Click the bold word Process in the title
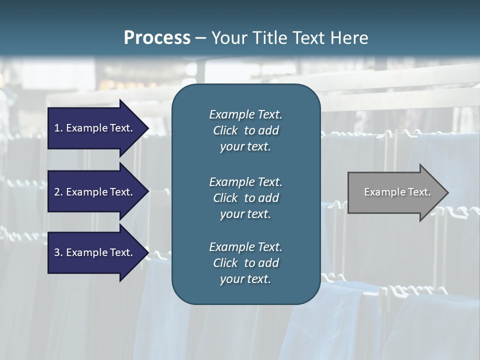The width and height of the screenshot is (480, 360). pyautogui.click(x=157, y=38)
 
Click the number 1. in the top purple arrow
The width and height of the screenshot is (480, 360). pyautogui.click(x=58, y=128)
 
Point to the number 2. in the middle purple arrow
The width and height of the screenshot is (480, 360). pyautogui.click(x=58, y=192)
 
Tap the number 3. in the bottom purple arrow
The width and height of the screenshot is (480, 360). pyautogui.click(x=58, y=252)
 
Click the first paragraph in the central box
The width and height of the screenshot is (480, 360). pyautogui.click(x=245, y=130)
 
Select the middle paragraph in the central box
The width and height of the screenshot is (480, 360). pyautogui.click(x=245, y=198)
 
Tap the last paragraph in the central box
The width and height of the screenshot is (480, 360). pyautogui.click(x=245, y=263)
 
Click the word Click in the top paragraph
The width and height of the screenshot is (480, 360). pyautogui.click(x=225, y=130)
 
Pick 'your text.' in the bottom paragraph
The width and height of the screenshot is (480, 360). pyautogui.click(x=245, y=279)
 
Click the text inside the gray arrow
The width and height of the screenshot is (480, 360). pyautogui.click(x=397, y=192)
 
